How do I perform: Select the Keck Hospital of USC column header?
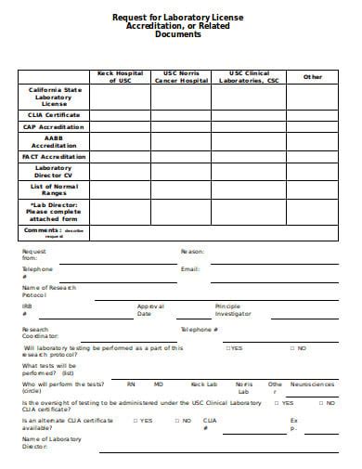click(x=120, y=76)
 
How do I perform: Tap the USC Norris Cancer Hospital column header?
click(x=182, y=76)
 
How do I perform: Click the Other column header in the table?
click(x=313, y=76)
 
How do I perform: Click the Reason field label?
click(x=192, y=252)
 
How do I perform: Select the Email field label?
click(x=190, y=268)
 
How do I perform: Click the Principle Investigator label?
click(x=233, y=309)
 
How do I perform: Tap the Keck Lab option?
click(x=203, y=384)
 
